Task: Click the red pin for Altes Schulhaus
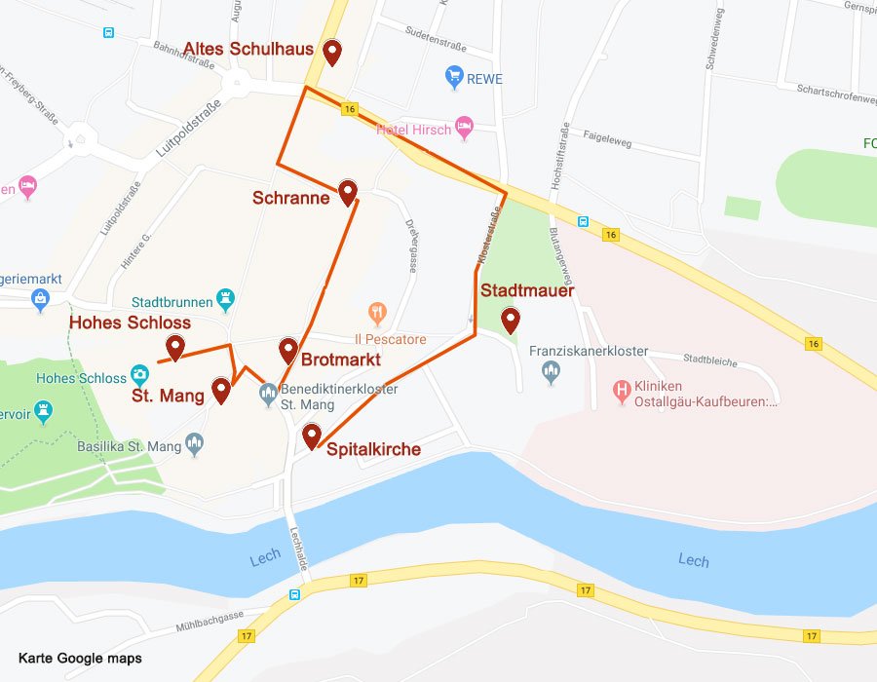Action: tap(332, 52)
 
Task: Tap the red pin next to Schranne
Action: tap(347, 192)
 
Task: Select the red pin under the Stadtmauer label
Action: tap(510, 320)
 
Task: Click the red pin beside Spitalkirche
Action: tap(311, 436)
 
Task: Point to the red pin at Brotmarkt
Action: tap(287, 350)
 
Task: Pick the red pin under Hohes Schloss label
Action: tap(175, 346)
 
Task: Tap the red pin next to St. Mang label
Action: tap(220, 390)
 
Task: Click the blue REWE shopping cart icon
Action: tap(453, 77)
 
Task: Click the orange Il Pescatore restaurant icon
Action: tap(377, 313)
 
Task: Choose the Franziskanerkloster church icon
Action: tap(552, 371)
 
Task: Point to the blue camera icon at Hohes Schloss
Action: tap(140, 376)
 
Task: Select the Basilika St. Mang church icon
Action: tap(194, 445)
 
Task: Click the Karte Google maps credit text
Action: tap(80, 659)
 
